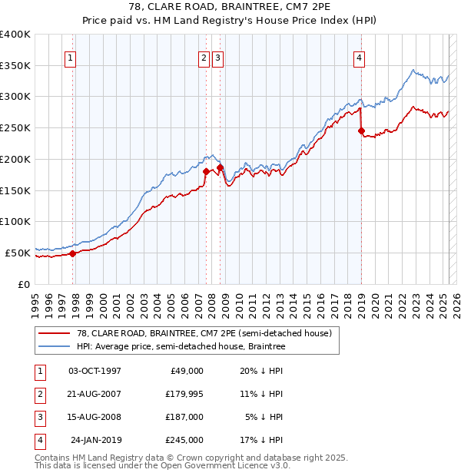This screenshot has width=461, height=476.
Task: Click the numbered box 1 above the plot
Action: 70,57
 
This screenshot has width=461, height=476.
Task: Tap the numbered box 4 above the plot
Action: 359,57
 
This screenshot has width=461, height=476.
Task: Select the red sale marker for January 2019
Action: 361,131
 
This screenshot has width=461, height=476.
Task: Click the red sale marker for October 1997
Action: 72,253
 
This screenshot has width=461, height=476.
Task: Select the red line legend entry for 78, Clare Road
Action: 204,333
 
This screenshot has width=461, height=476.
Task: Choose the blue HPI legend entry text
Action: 181,346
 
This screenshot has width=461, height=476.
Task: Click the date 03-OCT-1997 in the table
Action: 95,371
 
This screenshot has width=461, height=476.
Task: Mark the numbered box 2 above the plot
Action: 204,57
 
